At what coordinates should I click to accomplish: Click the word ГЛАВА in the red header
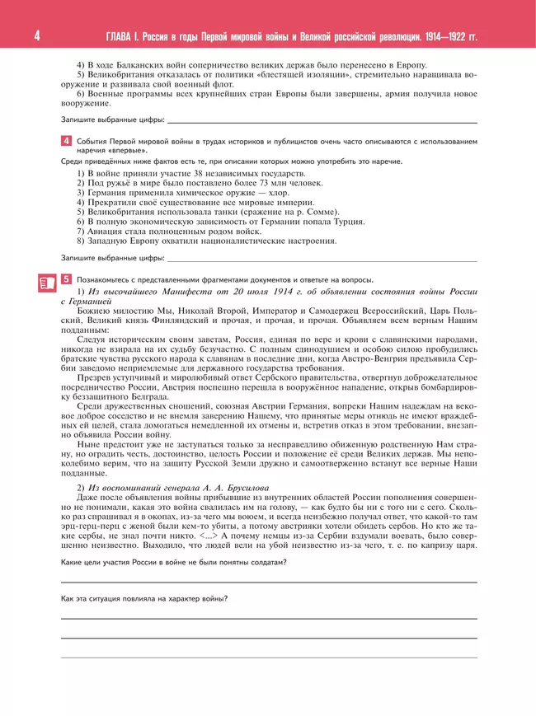[x=120, y=38]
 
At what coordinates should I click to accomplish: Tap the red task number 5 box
[x=66, y=279]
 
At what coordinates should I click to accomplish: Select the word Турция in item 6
[x=349, y=222]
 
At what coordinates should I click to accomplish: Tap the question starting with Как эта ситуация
[x=144, y=598]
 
